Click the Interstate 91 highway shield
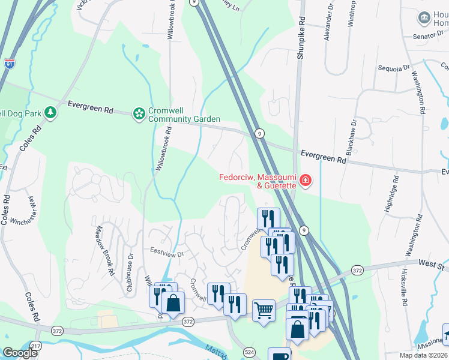point(9,63)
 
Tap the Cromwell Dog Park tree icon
point(51,112)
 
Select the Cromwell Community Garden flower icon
point(139,113)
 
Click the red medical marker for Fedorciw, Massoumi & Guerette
point(305,180)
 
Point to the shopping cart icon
point(264,311)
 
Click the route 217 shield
point(37,346)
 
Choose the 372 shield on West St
point(358,271)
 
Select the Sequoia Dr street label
point(394,68)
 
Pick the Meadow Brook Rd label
point(106,251)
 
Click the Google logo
point(20,353)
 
